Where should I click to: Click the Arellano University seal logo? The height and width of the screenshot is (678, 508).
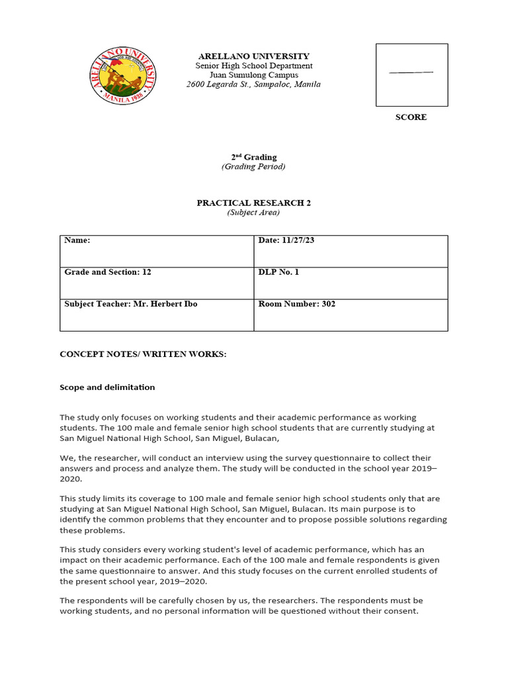pos(123,75)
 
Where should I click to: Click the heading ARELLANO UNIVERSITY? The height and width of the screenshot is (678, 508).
pos(254,56)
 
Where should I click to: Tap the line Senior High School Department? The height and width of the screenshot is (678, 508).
pos(254,66)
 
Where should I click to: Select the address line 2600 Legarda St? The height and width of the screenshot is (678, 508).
pos(254,85)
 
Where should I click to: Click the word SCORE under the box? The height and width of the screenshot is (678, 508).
pos(411,117)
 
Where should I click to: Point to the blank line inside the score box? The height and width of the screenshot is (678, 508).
pos(411,72)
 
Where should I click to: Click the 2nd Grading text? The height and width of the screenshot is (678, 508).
pos(253,157)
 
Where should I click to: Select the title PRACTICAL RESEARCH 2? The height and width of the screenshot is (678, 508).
pos(253,203)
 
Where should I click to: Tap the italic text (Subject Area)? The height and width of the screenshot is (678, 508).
pos(253,213)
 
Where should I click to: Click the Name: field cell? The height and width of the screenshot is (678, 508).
pos(157,251)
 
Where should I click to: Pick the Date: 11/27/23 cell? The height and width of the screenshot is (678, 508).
pos(351,251)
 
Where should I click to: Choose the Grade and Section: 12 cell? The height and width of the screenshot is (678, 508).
pos(157,283)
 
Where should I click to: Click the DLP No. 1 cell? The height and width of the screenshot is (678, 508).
pos(351,283)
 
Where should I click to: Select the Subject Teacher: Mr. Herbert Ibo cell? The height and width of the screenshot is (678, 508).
pos(157,315)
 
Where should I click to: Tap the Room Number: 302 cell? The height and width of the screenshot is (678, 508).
pos(351,315)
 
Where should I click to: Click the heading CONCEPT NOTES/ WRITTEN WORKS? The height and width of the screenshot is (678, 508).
pos(143,354)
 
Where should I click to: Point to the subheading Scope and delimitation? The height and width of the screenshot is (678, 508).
pos(107,387)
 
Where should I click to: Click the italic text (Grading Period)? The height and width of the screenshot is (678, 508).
pos(253,167)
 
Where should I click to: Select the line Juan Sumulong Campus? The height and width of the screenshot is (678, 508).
pos(254,75)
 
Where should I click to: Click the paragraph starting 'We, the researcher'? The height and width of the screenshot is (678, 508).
pos(248,468)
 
